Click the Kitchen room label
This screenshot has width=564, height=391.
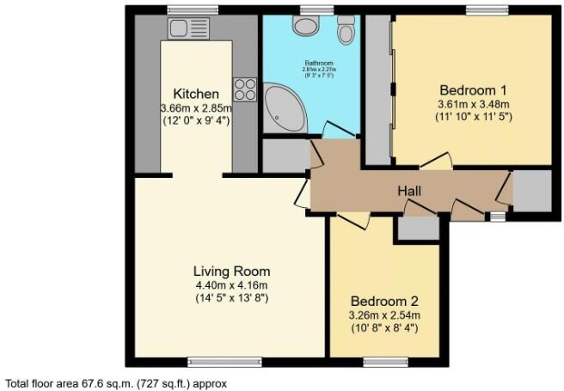tap(195, 94)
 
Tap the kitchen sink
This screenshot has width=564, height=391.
tap(183, 28)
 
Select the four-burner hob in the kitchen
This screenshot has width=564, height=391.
tap(243, 89)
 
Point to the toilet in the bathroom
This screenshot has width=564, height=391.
tap(346, 33)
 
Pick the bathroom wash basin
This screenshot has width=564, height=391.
tap(306, 25)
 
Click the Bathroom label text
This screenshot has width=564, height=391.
tap(312, 64)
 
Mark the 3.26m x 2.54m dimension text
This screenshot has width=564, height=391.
tap(385, 315)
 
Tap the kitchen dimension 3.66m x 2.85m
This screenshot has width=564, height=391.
tap(195, 108)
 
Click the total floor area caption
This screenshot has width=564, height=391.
tap(116, 383)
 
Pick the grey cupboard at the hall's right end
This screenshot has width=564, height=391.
tap(530, 191)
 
